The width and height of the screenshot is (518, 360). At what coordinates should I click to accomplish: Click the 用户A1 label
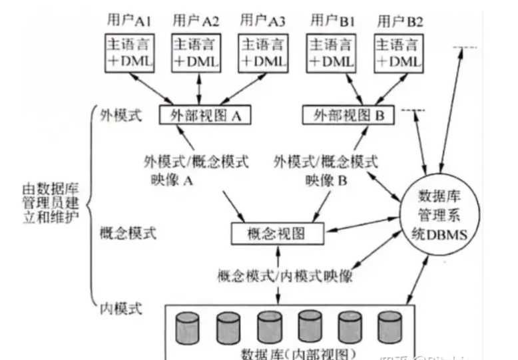pyautogui.click(x=129, y=19)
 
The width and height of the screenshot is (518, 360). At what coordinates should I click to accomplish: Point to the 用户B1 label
pyautogui.click(x=330, y=19)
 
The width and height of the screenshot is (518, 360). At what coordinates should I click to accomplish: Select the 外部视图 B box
pyautogui.click(x=348, y=115)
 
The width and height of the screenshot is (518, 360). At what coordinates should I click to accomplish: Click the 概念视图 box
pyautogui.click(x=276, y=234)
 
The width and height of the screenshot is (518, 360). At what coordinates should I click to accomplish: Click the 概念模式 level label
pyautogui.click(x=127, y=234)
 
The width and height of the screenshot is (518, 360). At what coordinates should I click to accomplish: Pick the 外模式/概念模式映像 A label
pyautogui.click(x=196, y=170)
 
